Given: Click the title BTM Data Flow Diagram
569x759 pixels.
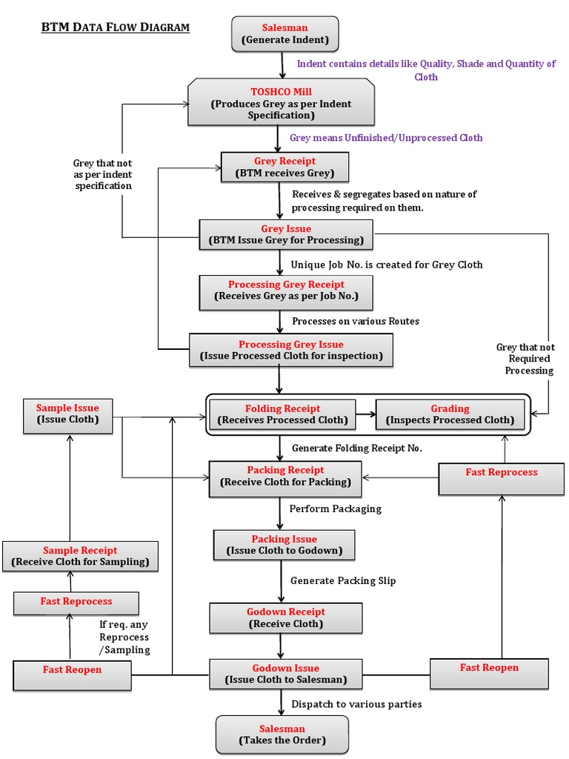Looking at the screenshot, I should click(115, 28).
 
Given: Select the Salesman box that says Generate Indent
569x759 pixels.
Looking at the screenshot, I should click(284, 34).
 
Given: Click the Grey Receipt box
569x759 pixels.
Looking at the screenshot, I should click(284, 168).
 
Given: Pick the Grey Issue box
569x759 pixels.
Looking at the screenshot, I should click(286, 234).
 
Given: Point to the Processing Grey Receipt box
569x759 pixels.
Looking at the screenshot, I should click(286, 291).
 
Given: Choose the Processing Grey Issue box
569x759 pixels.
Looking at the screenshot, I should click(290, 350).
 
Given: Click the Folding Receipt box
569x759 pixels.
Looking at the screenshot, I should click(282, 414).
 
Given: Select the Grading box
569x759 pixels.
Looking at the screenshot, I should click(450, 414).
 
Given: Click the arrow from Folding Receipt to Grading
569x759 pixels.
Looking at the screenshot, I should click(365, 414).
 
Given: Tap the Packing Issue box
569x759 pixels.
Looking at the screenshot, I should click(284, 545).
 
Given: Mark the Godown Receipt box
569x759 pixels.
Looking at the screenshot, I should click(285, 617).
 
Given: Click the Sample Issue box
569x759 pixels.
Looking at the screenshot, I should click(67, 414).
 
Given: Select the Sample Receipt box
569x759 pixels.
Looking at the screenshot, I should click(80, 556).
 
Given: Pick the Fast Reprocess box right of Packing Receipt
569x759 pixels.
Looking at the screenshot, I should click(502, 477).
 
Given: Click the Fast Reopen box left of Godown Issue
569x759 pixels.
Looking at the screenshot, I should click(72, 674).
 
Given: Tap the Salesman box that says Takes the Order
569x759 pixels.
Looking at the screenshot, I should click(282, 735).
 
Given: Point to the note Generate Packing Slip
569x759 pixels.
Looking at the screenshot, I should click(343, 580).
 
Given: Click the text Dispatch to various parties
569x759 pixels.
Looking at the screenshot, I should click(356, 703).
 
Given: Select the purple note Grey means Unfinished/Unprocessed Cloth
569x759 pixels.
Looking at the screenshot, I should click(386, 137).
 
